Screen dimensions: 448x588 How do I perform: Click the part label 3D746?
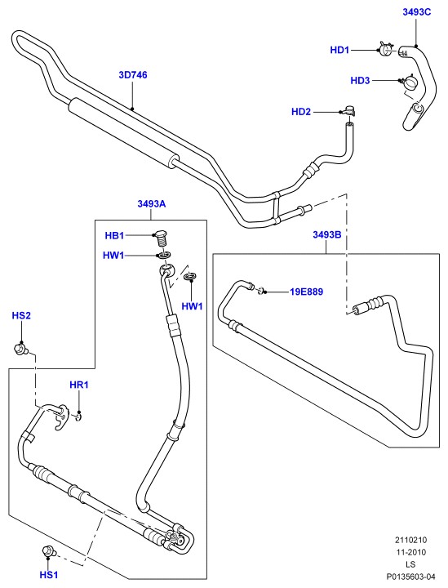tap(132, 74)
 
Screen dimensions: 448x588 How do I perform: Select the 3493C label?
tap(416, 12)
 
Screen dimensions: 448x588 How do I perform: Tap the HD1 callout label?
tap(339, 50)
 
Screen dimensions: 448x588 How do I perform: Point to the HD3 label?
tap(360, 80)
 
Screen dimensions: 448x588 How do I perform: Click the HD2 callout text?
tap(301, 112)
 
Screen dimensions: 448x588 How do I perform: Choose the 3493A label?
tap(151, 203)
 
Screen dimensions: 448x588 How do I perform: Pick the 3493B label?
tap(327, 234)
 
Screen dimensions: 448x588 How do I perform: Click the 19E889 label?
tap(306, 292)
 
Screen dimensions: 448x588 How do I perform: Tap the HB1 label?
tap(114, 235)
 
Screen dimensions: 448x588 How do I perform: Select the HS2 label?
tap(21, 315)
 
